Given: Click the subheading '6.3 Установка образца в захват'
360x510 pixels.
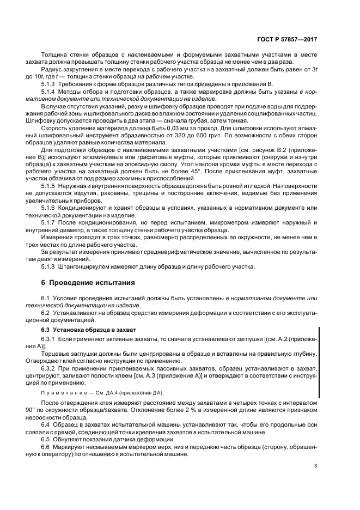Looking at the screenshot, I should coord(83,330).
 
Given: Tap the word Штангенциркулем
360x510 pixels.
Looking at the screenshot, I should coord(87,266).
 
